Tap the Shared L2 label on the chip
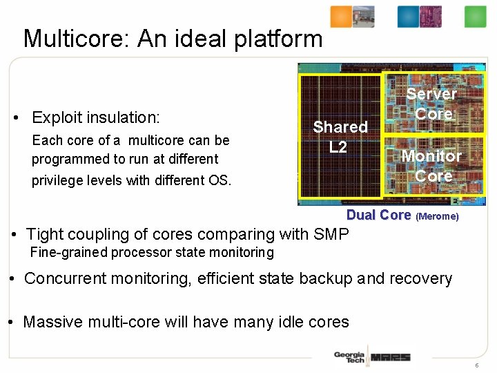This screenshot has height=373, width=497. click(340, 137)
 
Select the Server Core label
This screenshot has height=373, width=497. click(431, 104)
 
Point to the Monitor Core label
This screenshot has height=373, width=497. click(431, 166)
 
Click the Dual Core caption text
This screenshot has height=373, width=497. click(378, 215)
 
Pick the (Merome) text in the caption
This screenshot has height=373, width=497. click(437, 216)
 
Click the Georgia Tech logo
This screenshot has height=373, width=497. click(349, 357)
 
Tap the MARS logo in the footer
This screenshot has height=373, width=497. click(390, 357)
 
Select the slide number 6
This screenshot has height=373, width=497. click(476, 364)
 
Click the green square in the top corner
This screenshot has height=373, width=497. click(476, 17)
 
